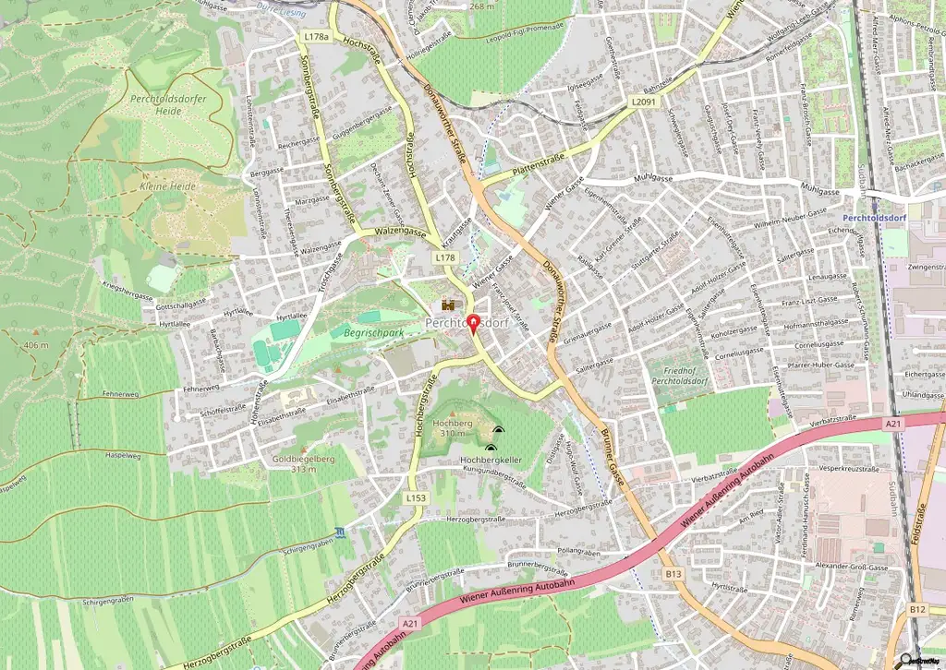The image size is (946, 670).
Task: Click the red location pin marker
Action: (474, 324)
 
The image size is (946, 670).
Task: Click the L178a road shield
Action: (315, 37)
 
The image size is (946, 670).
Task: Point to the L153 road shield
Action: (415, 497)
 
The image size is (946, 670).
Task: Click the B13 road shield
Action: (673, 574)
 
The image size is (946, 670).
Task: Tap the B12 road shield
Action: (916, 609)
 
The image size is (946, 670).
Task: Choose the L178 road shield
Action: (446, 259)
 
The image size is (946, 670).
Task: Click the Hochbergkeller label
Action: (491, 459)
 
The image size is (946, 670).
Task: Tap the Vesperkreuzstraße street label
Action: (841, 468)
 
